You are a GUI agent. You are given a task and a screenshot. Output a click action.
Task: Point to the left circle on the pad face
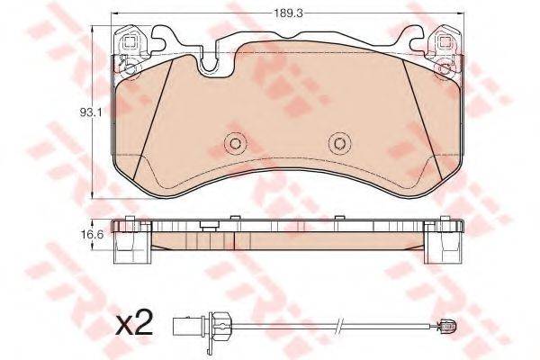[236, 143]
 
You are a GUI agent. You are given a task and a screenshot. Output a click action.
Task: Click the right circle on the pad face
[339, 143]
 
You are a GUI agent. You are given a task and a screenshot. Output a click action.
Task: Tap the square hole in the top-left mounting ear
[130, 42]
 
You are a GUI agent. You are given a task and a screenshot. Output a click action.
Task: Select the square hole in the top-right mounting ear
[445, 42]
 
